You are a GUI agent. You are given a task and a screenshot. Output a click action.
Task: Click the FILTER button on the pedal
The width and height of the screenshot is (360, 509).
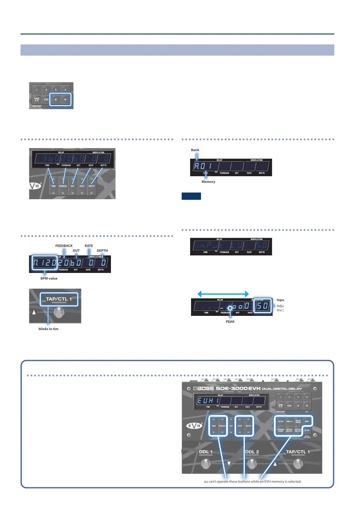pos(281,421)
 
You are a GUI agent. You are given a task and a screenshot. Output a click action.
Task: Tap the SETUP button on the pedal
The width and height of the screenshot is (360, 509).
pos(307,430)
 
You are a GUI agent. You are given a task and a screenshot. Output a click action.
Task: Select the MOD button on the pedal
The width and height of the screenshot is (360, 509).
pos(307,421)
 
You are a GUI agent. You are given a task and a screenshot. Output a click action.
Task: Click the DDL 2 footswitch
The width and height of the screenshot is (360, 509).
pos(252,464)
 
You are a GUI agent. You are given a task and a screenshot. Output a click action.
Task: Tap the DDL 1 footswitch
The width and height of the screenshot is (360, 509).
pos(206,464)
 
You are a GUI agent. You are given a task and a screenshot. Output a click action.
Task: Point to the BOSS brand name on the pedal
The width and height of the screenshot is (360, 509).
pos(206,388)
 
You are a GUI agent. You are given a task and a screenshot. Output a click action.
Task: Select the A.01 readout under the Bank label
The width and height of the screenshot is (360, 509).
pos(203,166)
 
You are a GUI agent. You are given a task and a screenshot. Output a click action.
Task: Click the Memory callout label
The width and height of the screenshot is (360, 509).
pos(208,182)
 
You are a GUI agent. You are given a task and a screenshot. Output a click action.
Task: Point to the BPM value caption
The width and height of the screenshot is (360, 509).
pos(49,278)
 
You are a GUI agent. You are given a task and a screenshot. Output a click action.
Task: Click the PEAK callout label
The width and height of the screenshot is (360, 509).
pos(230,322)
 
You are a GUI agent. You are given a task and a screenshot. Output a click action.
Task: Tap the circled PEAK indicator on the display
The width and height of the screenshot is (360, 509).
pos(230,308)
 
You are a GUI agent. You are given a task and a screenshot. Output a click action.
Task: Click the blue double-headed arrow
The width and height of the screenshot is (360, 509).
pos(223,294)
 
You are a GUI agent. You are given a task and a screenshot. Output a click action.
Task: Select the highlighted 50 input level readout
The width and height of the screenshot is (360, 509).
pos(262,306)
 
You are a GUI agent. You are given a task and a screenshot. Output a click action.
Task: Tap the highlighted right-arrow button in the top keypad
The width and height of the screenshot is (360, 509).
pos(65,99)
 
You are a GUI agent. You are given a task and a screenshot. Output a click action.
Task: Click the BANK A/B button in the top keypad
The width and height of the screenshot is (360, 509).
pos(37,99)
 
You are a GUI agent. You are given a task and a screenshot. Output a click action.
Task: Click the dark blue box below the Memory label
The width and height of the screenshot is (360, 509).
pos(191,196)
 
